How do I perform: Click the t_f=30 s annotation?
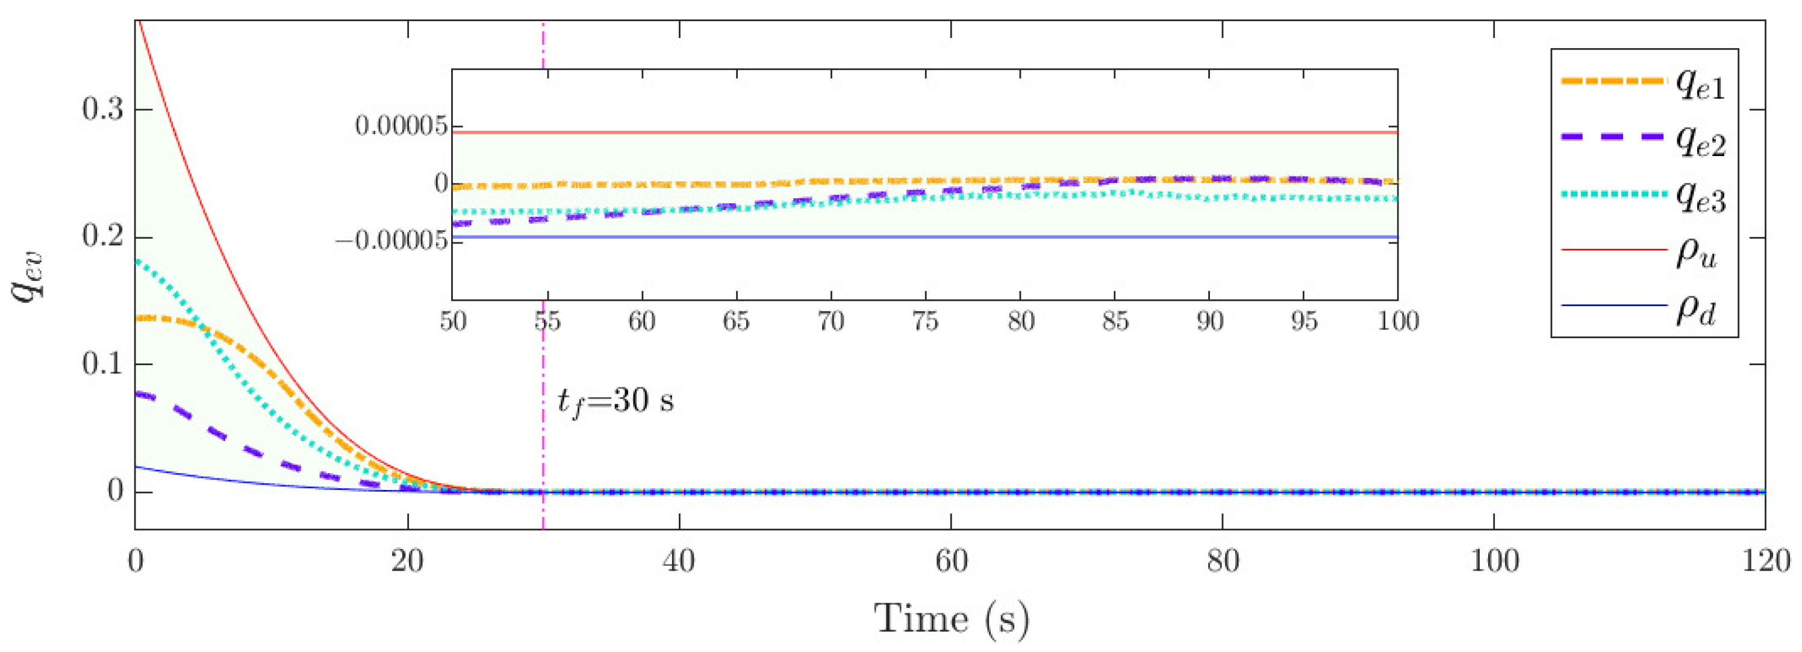(615, 401)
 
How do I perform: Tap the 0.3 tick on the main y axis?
(103, 110)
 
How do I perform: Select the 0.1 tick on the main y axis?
(103, 365)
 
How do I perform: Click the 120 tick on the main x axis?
(1765, 561)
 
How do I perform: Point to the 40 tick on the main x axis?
(679, 561)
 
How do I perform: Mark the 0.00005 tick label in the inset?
(400, 126)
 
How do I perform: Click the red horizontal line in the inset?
(909, 132)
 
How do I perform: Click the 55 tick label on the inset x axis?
(547, 321)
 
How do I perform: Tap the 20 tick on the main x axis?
(407, 561)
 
